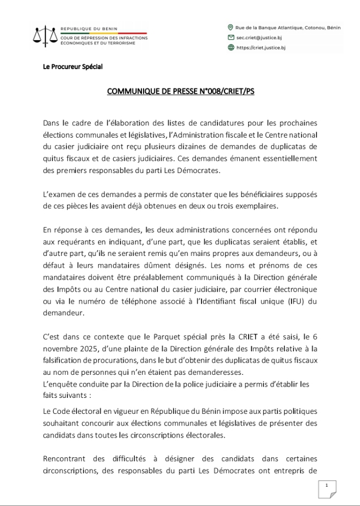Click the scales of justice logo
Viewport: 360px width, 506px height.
(x=45, y=35)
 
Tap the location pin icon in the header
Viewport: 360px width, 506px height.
(x=231, y=27)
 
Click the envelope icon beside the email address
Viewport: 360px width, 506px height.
(x=231, y=37)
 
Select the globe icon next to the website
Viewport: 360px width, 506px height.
(x=231, y=48)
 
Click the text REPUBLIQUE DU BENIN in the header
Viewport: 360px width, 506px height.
(x=89, y=28)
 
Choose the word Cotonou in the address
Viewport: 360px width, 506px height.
(x=309, y=27)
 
